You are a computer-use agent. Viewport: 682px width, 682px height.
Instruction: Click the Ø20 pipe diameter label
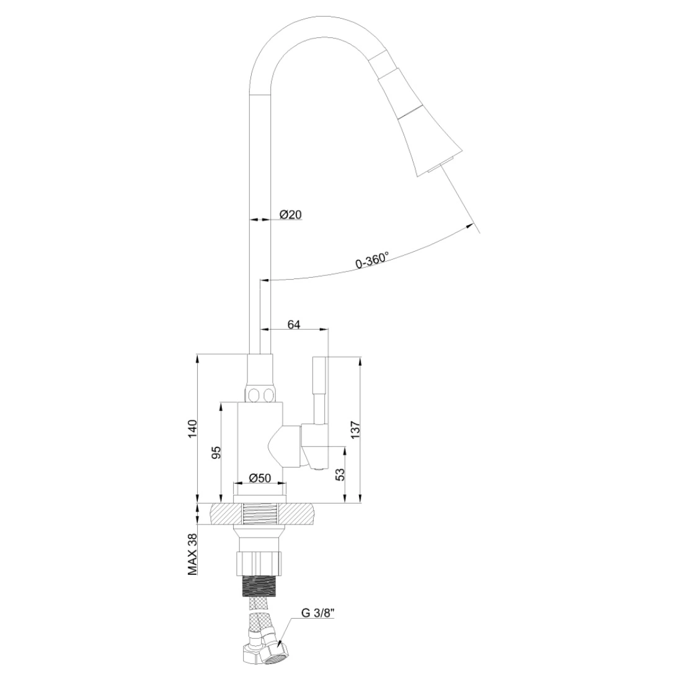pyautogui.click(x=290, y=215)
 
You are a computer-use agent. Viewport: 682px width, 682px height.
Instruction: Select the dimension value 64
pyautogui.click(x=294, y=324)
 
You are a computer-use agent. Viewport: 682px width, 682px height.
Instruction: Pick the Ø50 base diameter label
pyautogui.click(x=260, y=477)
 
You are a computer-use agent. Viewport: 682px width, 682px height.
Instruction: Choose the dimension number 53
pyautogui.click(x=340, y=475)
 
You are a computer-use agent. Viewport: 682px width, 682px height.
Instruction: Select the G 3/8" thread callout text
pyautogui.click(x=318, y=614)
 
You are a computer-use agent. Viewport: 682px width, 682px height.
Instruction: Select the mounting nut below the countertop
pyautogui.click(x=260, y=562)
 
